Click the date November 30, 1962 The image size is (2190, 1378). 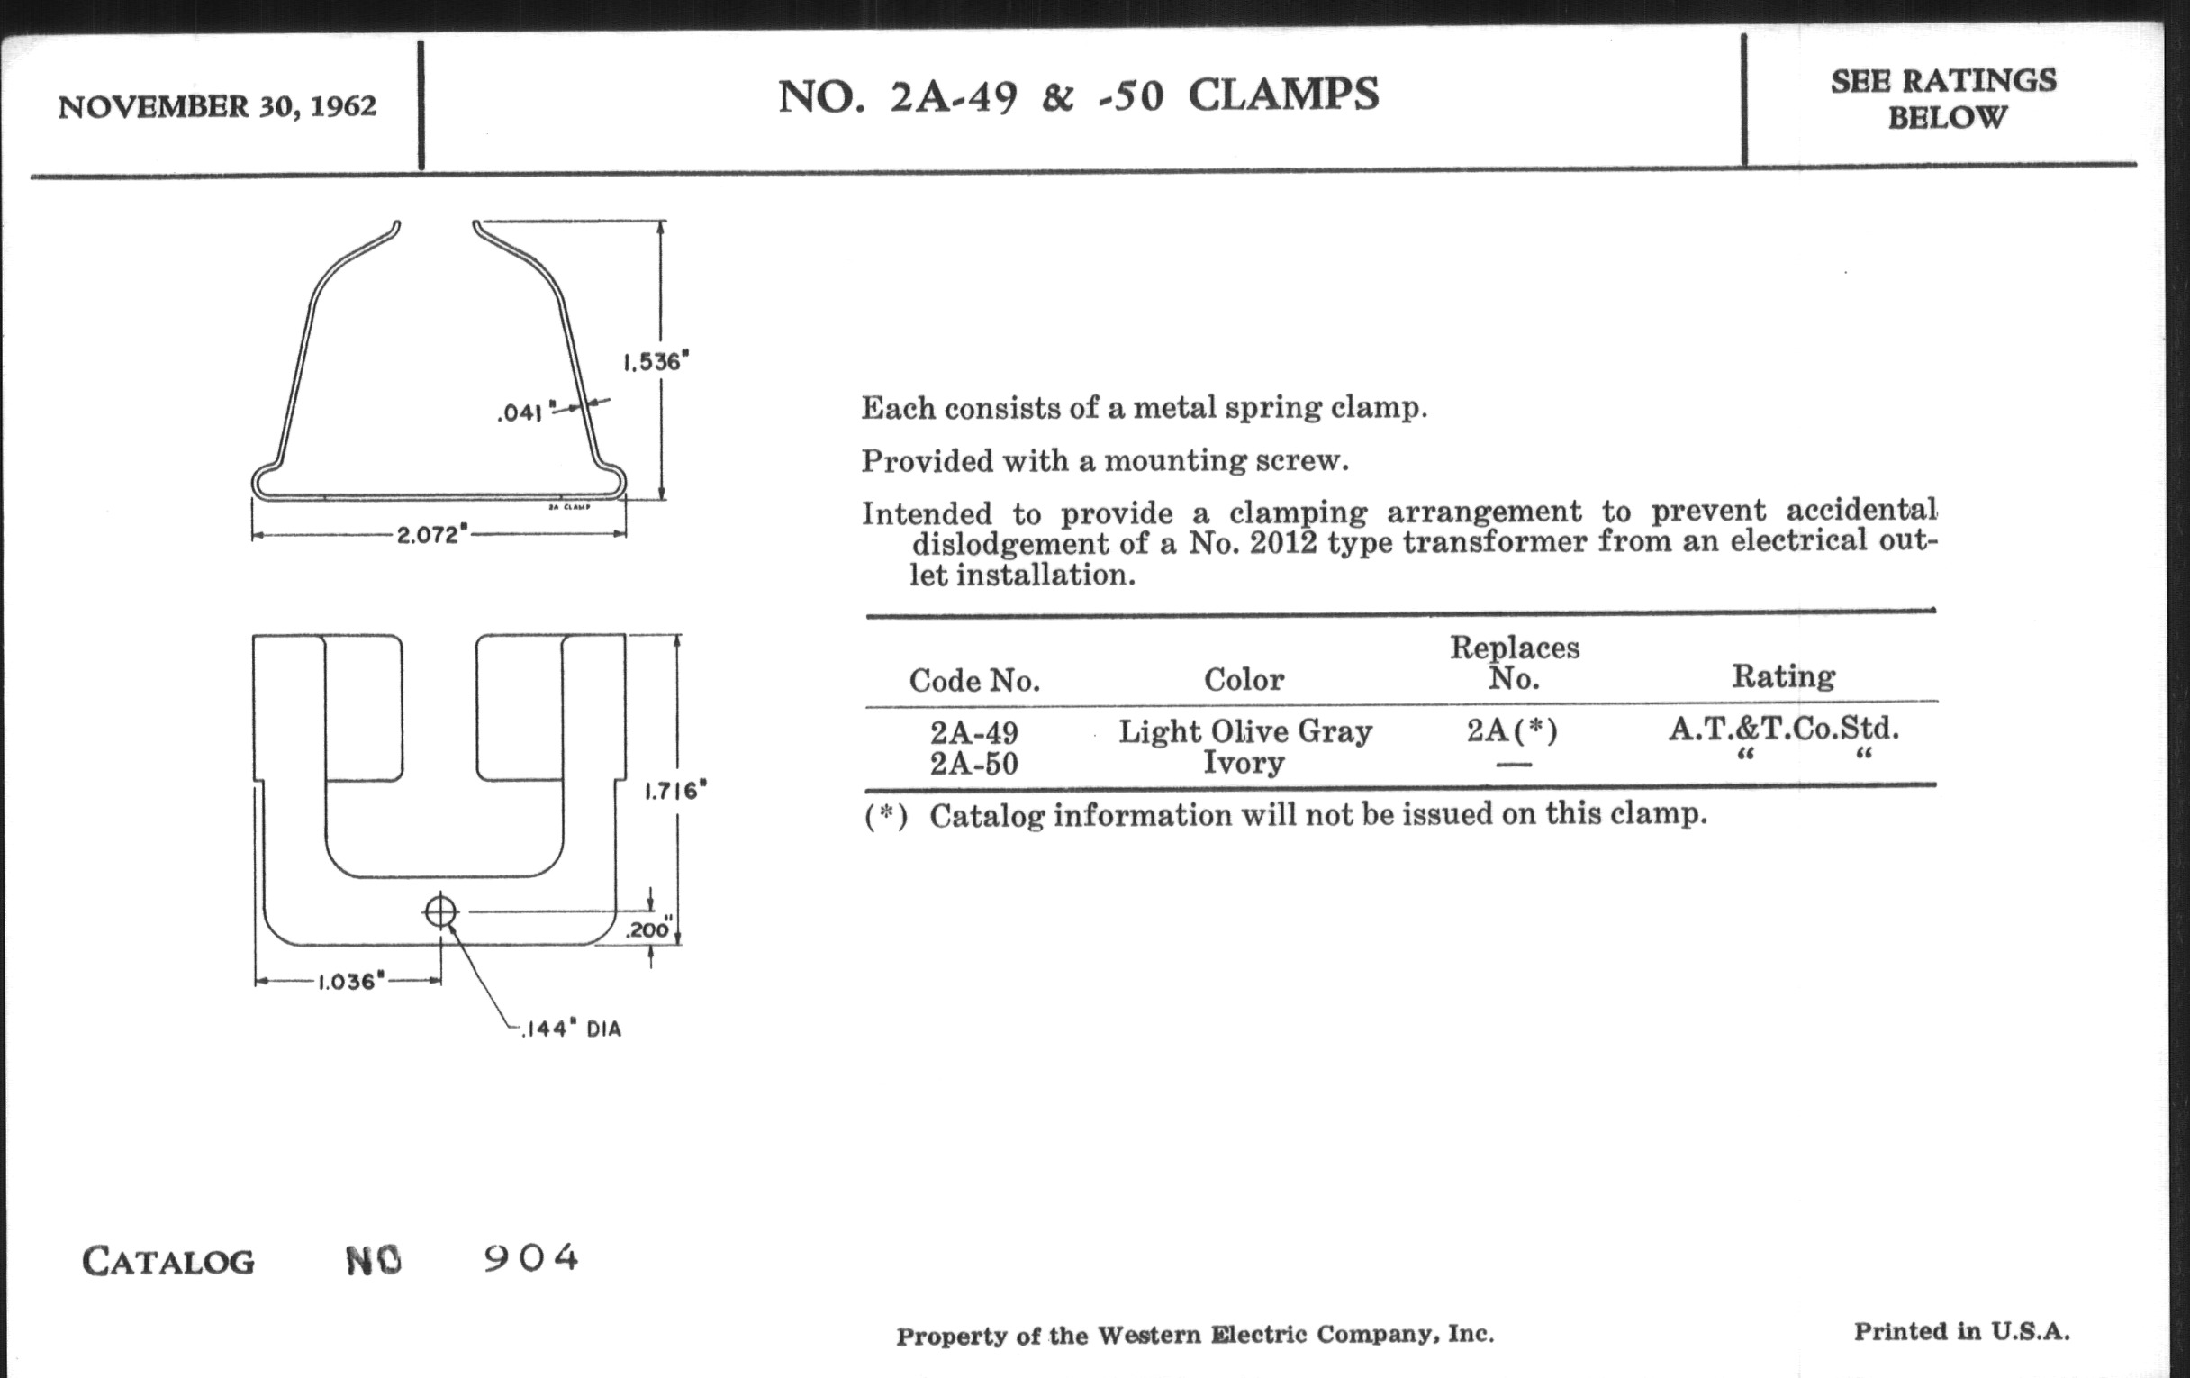216,106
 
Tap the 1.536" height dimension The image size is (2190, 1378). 656,361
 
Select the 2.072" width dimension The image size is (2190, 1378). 432,534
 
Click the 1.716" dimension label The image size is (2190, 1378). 674,791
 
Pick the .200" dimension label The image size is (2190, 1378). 648,929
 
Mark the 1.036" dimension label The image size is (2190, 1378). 351,982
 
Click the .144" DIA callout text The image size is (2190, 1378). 571,1029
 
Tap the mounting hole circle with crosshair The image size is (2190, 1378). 440,911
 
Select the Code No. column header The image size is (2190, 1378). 974,680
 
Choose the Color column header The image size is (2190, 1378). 1244,679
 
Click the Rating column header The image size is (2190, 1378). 1783,676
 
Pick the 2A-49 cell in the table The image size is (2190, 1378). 973,732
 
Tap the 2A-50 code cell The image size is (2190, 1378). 973,763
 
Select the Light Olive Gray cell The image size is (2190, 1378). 1244,731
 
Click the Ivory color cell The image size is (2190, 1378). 1244,762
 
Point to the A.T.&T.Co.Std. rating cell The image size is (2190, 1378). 1784,729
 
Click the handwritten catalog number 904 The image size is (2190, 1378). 531,1258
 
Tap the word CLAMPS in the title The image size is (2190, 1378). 1283,95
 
